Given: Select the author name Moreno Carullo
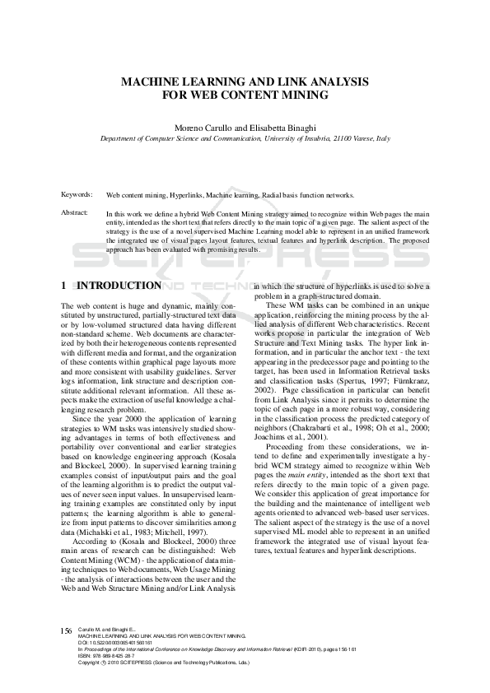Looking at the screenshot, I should pos(201,128).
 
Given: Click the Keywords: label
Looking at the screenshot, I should pos(77,194).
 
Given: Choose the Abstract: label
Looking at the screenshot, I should pos(74,212).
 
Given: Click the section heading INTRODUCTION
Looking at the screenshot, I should pos(119,286).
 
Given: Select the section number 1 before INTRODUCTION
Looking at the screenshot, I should pos(64,286).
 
